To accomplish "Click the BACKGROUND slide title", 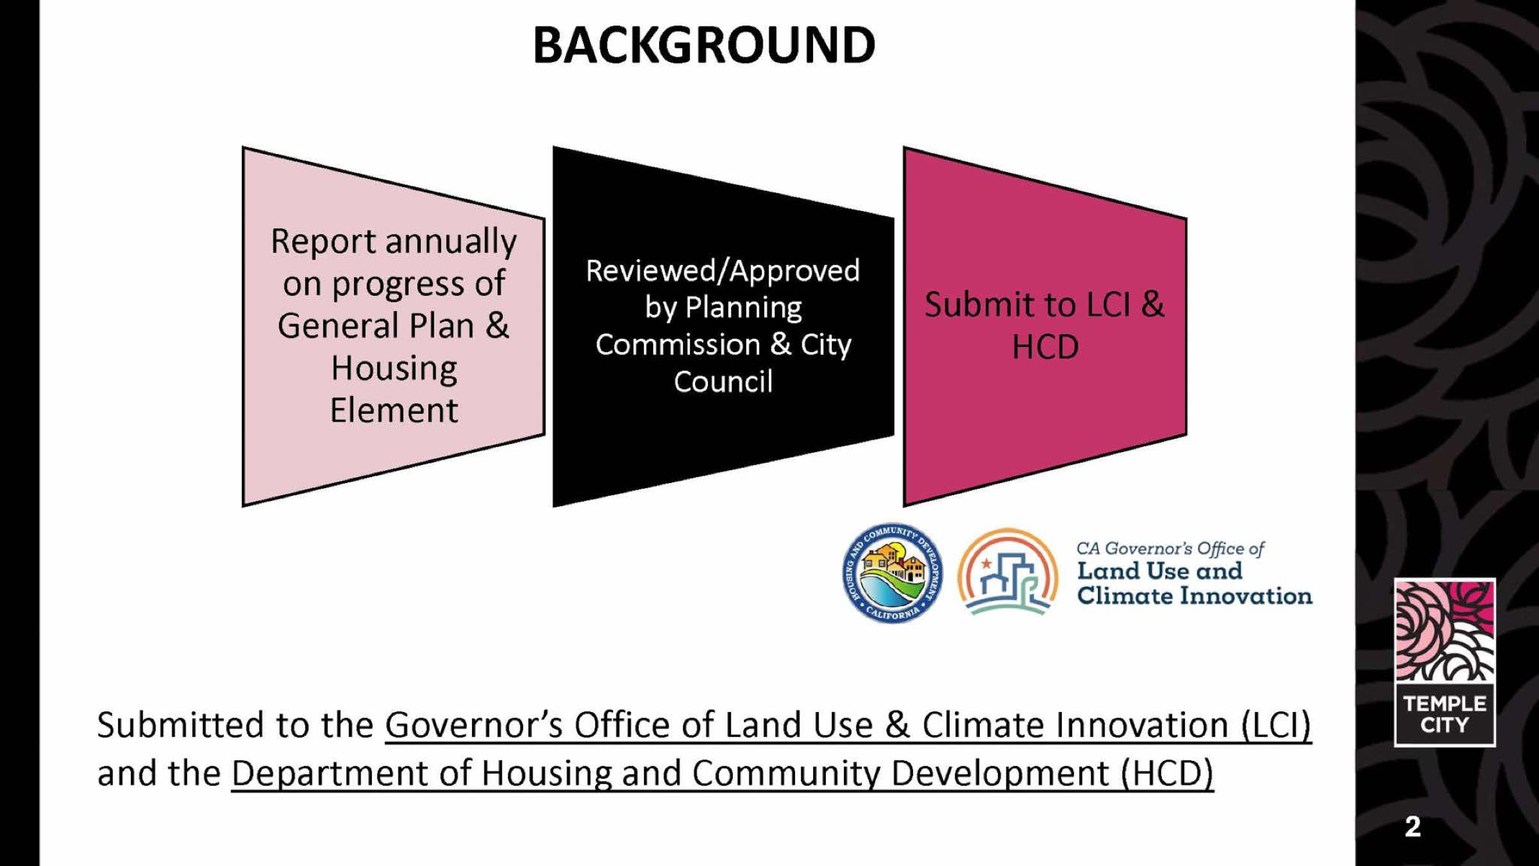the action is (x=704, y=45).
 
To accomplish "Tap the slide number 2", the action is (x=1413, y=827).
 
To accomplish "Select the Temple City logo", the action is (x=1444, y=662).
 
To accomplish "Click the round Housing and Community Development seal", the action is (x=892, y=573).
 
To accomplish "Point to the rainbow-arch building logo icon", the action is (x=1008, y=572).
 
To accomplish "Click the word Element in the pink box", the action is (x=394, y=411).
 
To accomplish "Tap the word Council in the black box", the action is (x=723, y=382).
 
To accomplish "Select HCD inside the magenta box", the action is (x=1045, y=347).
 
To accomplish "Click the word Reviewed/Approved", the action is (x=723, y=271).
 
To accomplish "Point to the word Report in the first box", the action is (x=323, y=243).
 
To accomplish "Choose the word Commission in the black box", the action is (x=678, y=345).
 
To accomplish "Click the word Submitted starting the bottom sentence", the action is (x=181, y=726).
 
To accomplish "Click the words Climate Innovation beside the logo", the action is (x=1195, y=596).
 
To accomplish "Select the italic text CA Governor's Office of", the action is (x=1171, y=549).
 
